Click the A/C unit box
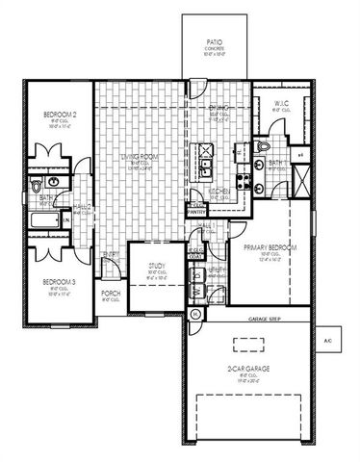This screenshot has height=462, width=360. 326,341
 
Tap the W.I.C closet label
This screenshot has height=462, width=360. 280,104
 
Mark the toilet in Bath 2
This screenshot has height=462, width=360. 36,183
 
